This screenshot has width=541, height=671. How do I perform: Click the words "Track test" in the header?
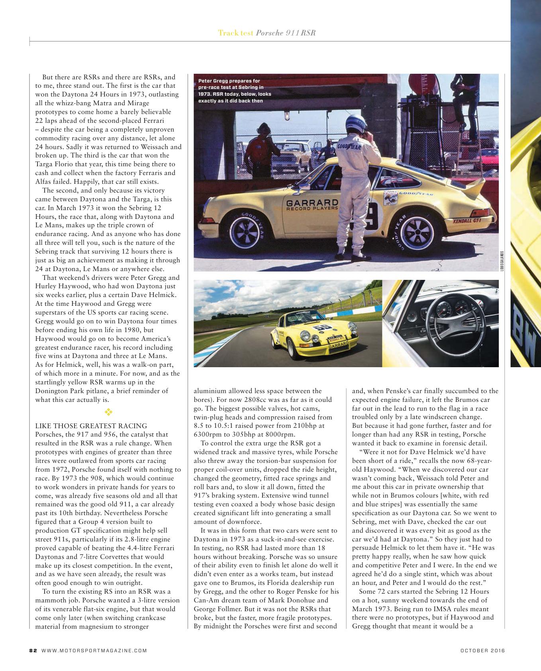coord(235,33)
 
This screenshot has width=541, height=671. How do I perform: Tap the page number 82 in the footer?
coord(33,651)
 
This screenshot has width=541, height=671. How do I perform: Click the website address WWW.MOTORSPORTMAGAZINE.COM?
coord(94,651)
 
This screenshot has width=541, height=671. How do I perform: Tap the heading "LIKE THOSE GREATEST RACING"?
coord(91,426)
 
